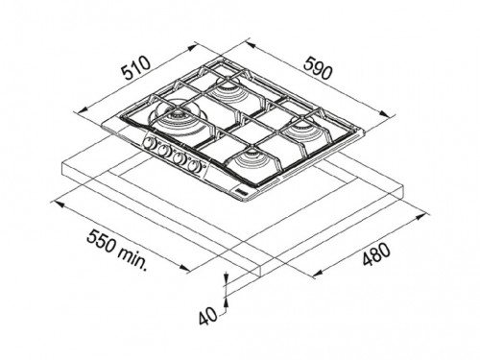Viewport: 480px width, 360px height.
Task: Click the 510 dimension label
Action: click(x=136, y=68)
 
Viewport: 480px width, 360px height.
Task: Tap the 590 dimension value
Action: click(x=317, y=68)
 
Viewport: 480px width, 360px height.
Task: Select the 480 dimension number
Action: click(x=376, y=254)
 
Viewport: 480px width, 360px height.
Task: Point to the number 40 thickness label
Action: click(x=207, y=317)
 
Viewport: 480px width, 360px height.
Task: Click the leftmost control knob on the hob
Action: click(x=150, y=143)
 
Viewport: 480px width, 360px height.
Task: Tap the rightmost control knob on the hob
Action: click(x=194, y=166)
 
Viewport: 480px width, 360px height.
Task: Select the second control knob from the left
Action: click(x=165, y=151)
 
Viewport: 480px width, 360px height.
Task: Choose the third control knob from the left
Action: click(x=180, y=158)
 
